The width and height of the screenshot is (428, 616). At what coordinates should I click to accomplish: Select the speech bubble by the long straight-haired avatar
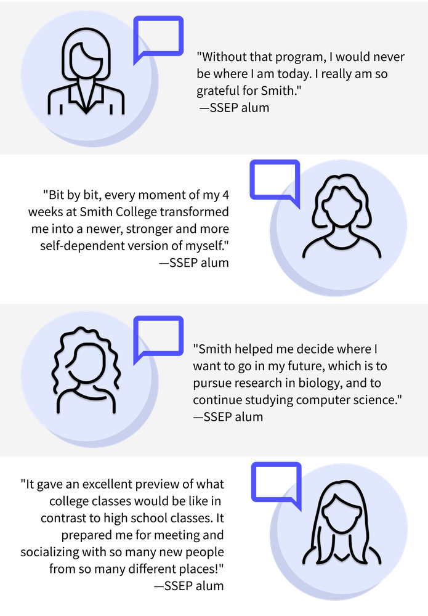point(275,482)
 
